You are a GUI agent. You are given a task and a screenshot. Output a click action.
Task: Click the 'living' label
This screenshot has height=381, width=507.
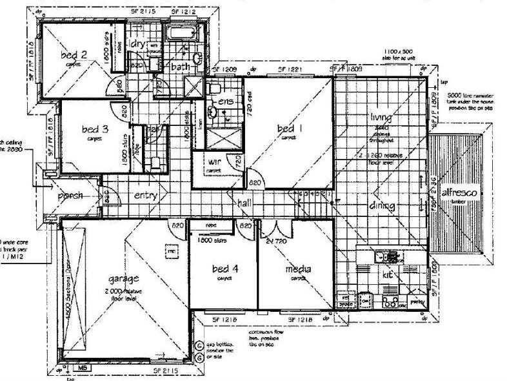point(382,118)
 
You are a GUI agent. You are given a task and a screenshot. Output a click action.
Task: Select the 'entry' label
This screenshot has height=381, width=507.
point(146,196)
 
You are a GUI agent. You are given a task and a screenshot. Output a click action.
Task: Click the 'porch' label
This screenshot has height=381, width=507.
point(72,196)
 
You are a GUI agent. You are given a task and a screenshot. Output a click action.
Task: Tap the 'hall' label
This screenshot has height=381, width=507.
point(244,203)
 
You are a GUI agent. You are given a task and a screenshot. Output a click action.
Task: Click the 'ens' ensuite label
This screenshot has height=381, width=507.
point(225,102)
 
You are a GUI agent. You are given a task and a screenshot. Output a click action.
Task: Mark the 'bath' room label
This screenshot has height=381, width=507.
point(180,67)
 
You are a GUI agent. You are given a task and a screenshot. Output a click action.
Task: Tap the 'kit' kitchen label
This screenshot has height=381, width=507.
point(388,274)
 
